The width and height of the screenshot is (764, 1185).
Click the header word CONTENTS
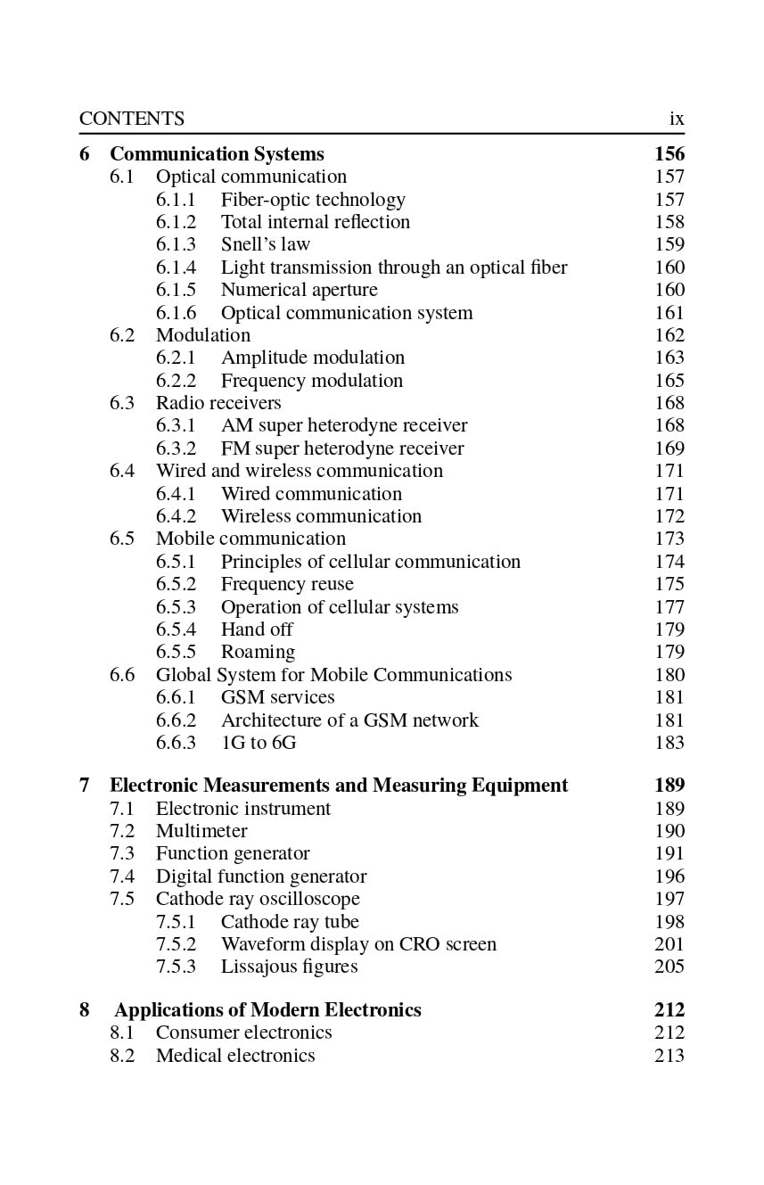tap(132, 119)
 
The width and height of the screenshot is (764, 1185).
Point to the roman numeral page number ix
tap(677, 119)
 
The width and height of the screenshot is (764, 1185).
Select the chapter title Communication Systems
tap(217, 154)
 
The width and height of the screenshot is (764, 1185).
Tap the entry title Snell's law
tap(265, 244)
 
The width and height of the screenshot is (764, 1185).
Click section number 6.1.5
tap(176, 290)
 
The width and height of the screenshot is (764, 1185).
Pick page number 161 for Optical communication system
tap(670, 313)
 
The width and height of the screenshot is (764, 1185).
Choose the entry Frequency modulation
tap(311, 381)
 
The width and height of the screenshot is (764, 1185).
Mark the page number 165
tap(670, 381)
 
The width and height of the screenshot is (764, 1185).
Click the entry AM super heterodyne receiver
tap(343, 425)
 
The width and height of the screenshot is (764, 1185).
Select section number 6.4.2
tap(176, 516)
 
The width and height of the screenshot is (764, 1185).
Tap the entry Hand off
tap(257, 630)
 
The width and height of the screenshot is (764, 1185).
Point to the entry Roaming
tap(258, 652)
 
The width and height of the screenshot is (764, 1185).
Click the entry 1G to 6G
tap(259, 743)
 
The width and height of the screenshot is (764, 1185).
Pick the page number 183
tap(670, 743)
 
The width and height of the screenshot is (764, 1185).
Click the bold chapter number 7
tap(85, 786)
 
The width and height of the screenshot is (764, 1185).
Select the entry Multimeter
tap(201, 831)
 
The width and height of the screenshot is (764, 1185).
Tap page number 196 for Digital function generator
tap(670, 876)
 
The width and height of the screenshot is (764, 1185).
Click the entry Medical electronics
tap(235, 1056)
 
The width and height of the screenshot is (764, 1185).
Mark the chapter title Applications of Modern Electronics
tap(267, 1010)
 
